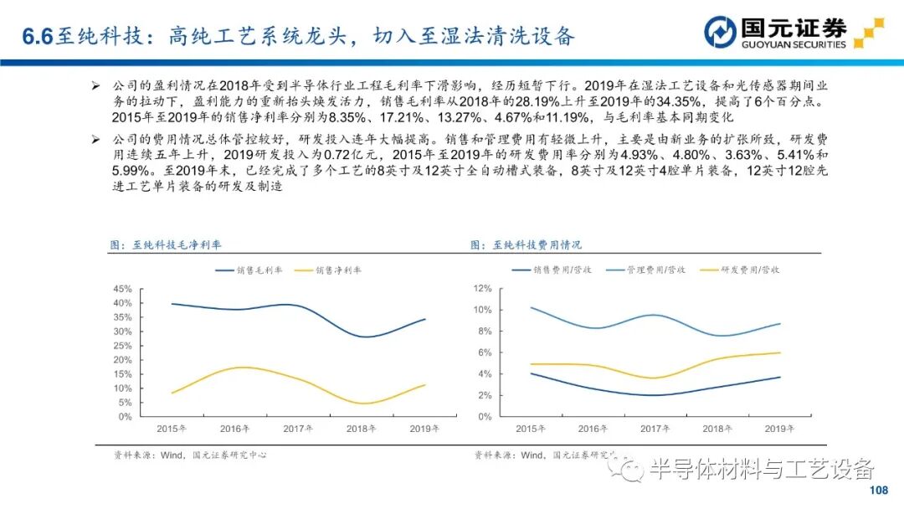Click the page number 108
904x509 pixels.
(878, 491)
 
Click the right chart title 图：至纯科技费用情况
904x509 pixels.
(526, 245)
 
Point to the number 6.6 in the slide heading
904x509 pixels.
(38, 35)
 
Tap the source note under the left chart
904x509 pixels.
(190, 455)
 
